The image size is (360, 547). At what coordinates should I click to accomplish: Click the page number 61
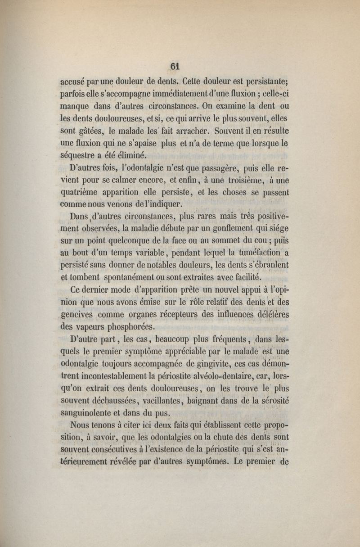(x=175, y=66)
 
